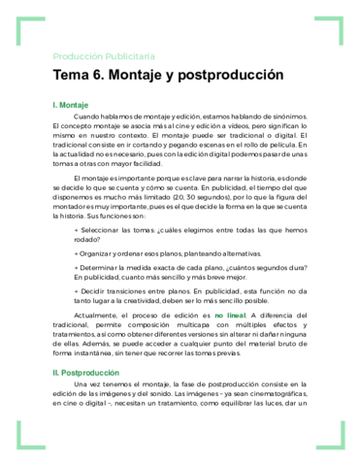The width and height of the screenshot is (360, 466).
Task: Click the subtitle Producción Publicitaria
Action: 103,55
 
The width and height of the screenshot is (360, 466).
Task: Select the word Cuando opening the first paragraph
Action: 90,116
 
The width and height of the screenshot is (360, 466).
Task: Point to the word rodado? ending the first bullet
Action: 86,239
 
